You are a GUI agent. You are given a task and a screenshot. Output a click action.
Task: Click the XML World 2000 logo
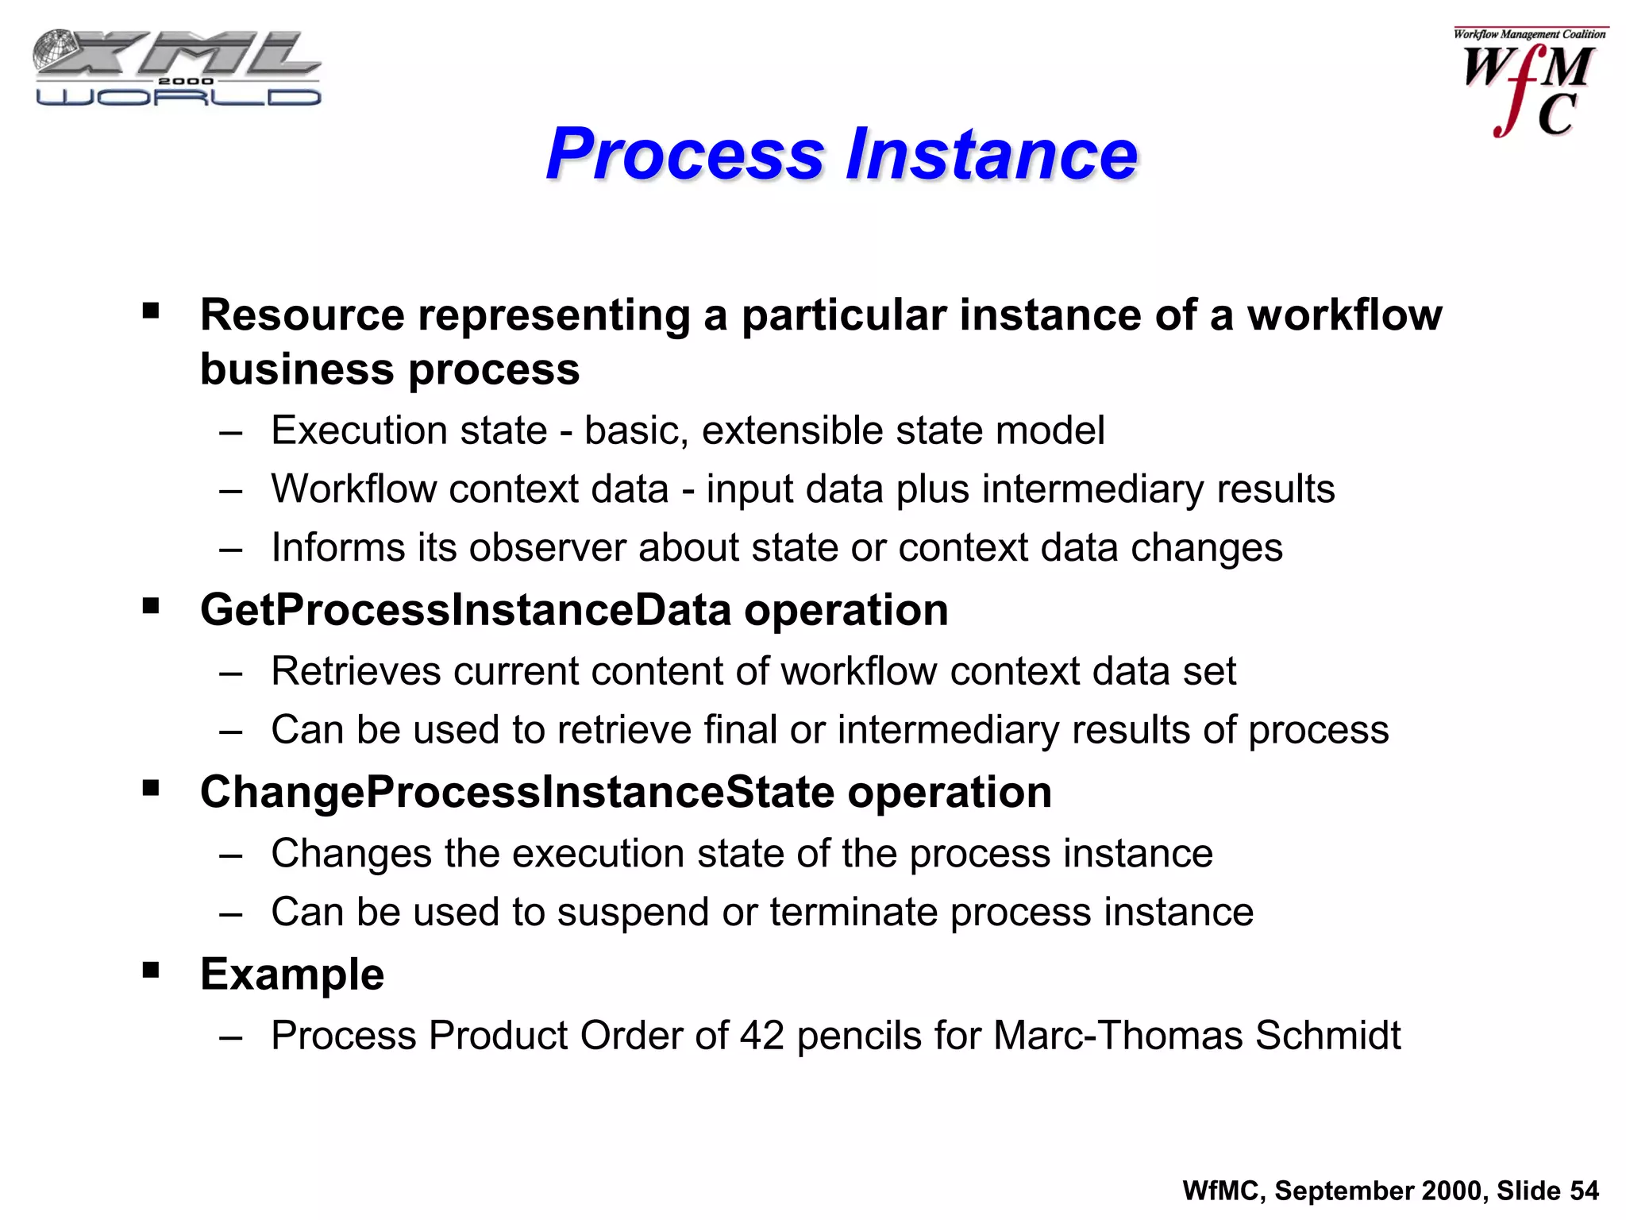(x=177, y=68)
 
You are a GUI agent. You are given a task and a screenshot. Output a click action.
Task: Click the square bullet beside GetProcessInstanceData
(x=151, y=607)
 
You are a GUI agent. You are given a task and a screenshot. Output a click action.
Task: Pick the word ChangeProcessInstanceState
(x=517, y=792)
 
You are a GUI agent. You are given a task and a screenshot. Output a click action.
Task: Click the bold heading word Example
(x=292, y=974)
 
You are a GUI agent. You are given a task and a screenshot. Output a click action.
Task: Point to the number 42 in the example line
(x=761, y=1035)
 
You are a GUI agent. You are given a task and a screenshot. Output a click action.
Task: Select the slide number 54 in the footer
(x=1584, y=1191)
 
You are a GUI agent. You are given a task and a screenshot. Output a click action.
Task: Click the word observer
(x=547, y=547)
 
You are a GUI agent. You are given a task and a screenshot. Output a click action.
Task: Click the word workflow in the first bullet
(x=1344, y=315)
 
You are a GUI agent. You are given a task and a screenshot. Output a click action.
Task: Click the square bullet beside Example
(x=151, y=970)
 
